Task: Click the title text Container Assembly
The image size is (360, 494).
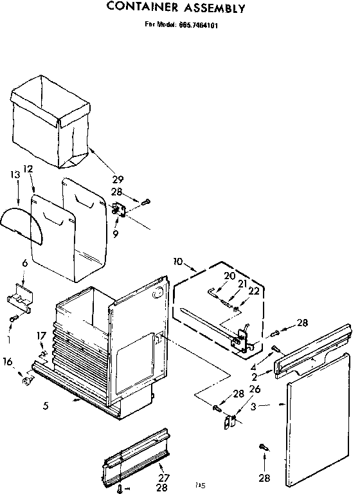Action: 175,8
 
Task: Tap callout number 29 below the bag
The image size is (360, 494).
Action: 118,179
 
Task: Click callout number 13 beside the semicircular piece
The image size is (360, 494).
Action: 15,175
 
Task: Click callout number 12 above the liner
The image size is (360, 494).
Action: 28,169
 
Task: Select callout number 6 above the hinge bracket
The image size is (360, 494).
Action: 24,263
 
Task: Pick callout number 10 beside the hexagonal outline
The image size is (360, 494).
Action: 178,261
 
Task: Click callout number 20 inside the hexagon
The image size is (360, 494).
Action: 230,276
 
